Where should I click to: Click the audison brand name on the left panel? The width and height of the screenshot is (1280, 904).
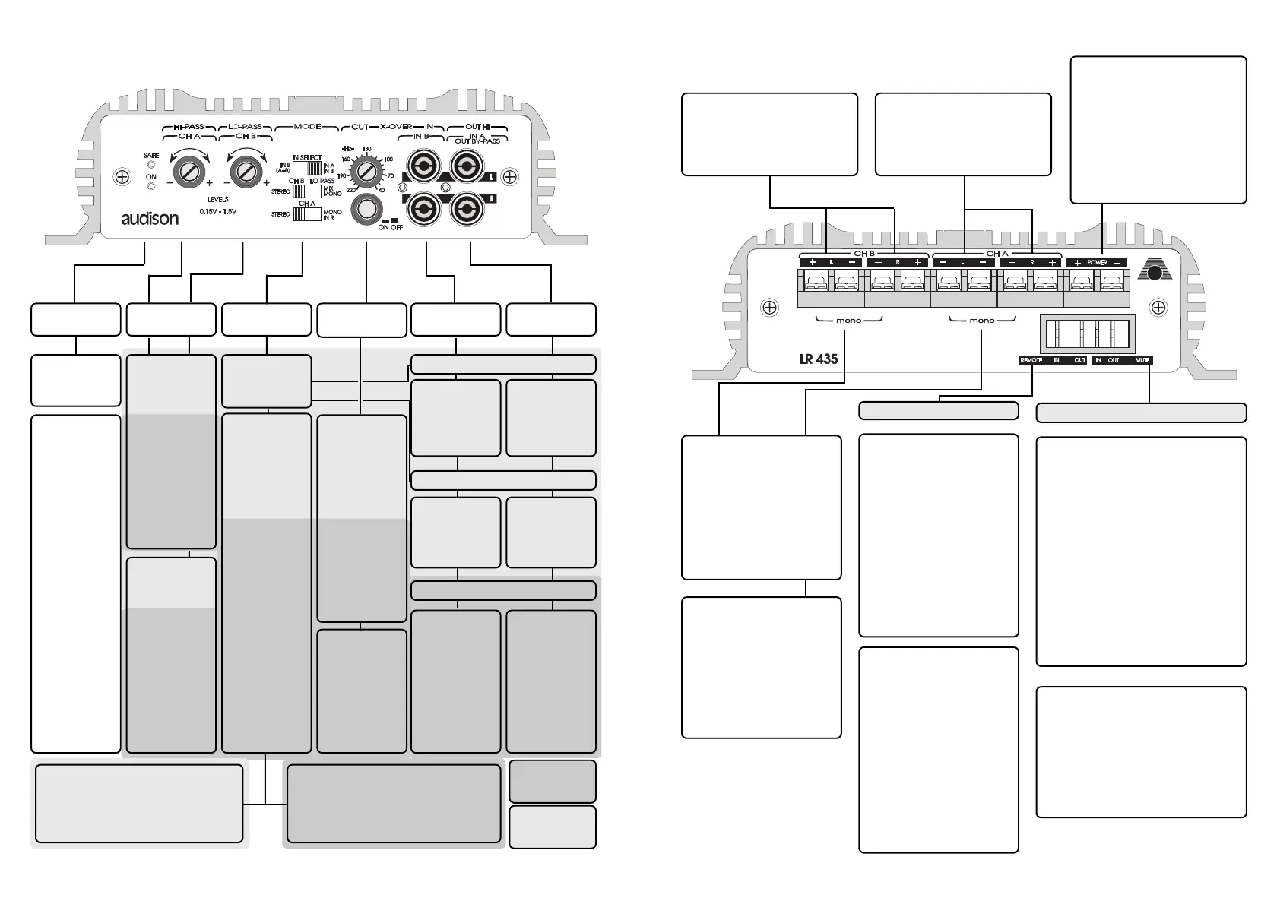[x=150, y=219]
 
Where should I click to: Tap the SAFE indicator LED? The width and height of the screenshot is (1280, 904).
[x=151, y=164]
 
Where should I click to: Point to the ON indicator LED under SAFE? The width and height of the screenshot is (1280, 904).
[x=151, y=186]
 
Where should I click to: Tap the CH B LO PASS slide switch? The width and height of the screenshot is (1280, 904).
[x=306, y=191]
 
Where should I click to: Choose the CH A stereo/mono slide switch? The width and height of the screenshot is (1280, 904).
[x=307, y=214]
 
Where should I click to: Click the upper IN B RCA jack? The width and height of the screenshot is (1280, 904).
[x=422, y=165]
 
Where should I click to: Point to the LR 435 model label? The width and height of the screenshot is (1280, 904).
[x=818, y=359]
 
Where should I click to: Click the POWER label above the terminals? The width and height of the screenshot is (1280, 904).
[x=1097, y=262]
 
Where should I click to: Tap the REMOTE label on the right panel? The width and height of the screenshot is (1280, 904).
[x=1031, y=360]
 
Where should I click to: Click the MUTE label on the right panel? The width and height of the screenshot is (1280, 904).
[x=1142, y=360]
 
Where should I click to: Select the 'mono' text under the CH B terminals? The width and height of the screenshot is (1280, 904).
[x=848, y=321]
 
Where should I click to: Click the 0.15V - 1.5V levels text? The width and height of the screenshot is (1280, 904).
[x=217, y=211]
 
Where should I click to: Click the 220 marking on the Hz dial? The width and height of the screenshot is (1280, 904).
[x=350, y=189]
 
